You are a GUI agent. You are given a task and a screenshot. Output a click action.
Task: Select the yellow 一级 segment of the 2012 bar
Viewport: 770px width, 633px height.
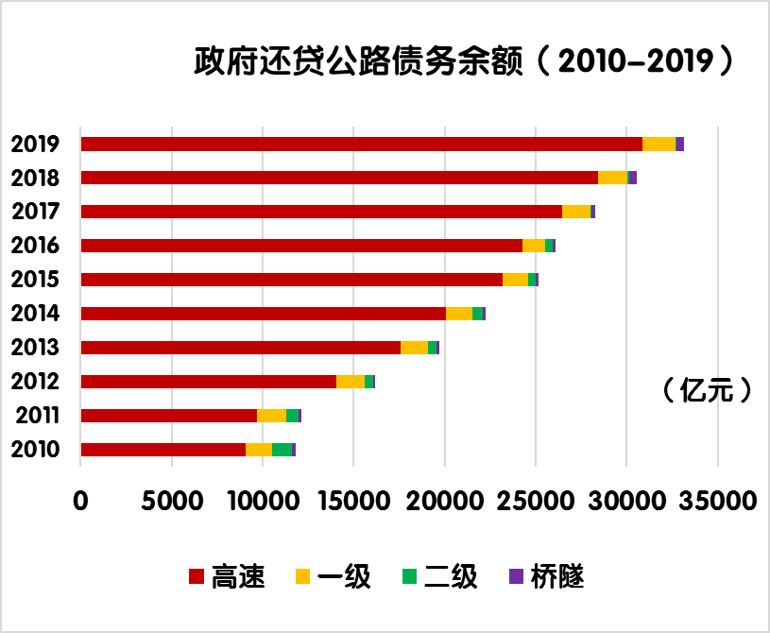point(350,382)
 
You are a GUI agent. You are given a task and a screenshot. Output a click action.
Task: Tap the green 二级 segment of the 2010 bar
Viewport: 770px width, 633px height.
point(282,450)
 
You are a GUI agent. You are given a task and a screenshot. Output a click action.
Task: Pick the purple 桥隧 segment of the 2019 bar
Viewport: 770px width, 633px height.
point(679,144)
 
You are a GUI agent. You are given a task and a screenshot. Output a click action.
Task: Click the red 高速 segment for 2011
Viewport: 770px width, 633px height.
point(168,416)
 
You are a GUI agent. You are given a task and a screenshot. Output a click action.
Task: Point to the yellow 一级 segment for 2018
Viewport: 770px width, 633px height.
point(612,178)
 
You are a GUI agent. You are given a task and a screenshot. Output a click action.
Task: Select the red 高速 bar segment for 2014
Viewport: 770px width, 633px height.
point(263,314)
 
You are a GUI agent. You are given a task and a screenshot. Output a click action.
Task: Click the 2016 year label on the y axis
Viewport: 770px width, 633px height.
point(36,246)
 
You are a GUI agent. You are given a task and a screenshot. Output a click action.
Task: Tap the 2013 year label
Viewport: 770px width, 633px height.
point(36,348)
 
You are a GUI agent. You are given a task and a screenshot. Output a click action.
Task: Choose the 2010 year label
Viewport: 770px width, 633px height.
point(36,450)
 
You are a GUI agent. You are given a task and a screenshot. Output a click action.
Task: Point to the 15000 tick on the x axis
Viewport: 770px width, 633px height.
point(353,500)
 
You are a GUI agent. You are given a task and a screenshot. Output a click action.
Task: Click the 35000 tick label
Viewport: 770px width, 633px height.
point(717,500)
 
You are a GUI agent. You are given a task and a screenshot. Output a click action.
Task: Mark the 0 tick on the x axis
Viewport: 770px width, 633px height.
point(81,500)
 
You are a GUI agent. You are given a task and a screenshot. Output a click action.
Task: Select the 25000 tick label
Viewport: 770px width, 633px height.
point(536,500)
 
